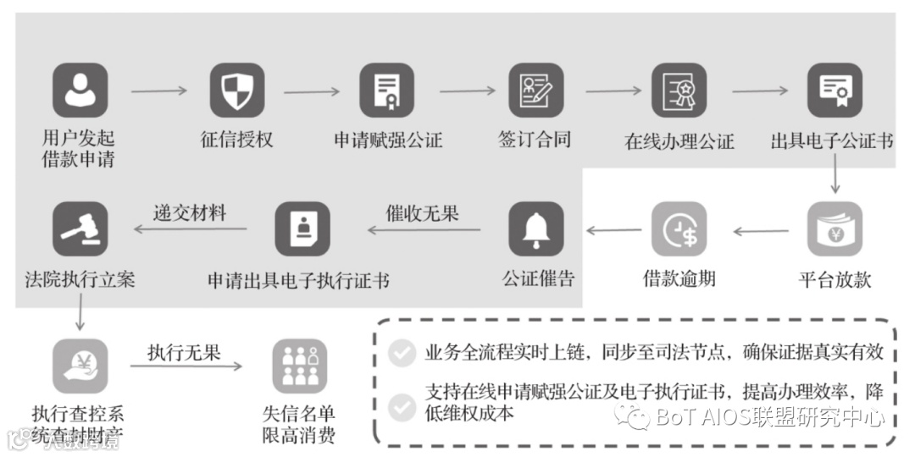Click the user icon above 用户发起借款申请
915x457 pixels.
(x=80, y=91)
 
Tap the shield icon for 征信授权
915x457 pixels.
(x=236, y=91)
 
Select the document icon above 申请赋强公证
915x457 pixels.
(x=387, y=91)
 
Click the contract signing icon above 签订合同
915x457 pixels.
(x=535, y=91)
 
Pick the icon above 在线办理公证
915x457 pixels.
(x=679, y=91)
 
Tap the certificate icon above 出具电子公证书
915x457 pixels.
(x=835, y=91)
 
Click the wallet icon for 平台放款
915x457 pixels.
(x=835, y=228)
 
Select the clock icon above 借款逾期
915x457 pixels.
(x=679, y=228)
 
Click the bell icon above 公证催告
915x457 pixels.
(x=535, y=228)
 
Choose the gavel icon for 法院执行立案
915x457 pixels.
(x=80, y=228)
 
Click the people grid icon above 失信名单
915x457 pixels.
(x=299, y=366)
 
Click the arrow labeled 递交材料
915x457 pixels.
(x=190, y=229)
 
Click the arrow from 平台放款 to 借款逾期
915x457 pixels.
(x=760, y=230)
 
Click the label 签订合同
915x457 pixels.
(x=535, y=140)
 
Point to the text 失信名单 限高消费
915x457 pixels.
(x=299, y=425)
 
